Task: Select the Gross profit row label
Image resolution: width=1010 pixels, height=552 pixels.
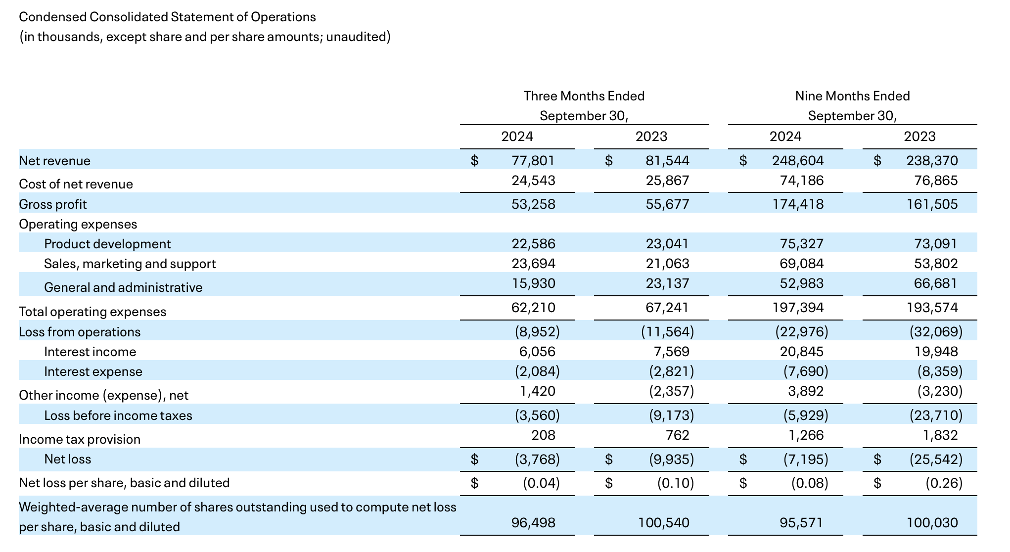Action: click(53, 204)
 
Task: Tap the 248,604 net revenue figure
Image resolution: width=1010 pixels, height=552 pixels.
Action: click(797, 161)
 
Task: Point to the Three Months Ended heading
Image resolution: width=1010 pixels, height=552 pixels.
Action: click(584, 96)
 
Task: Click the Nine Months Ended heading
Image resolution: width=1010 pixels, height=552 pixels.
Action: click(852, 96)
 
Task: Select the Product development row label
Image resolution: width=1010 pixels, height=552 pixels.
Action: click(107, 244)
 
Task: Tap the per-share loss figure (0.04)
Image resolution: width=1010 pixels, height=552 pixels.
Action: click(541, 483)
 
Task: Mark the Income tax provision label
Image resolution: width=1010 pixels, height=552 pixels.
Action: click(80, 439)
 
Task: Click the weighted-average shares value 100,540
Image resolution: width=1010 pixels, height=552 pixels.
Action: click(663, 523)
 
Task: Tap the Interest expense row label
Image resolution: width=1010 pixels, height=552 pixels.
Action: click(93, 371)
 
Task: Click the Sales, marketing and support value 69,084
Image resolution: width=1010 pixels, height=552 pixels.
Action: click(801, 264)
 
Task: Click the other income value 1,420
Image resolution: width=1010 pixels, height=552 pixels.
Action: click(537, 391)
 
